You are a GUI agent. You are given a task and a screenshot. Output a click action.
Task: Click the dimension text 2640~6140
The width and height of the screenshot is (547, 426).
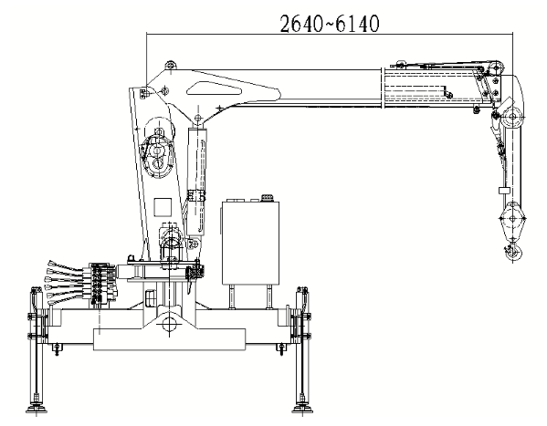tap(330, 24)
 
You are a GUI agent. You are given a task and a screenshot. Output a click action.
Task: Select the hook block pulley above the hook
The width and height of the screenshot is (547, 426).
tap(512, 219)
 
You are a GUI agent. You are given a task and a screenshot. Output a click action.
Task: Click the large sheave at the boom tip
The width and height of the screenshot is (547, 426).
tap(512, 117)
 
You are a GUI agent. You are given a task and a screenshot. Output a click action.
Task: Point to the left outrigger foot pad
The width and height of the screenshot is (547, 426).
tap(36, 409)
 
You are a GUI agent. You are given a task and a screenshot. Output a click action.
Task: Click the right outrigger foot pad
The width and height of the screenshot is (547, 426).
tap(302, 409)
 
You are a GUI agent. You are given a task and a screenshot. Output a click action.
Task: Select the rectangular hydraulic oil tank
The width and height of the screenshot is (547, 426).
tap(250, 243)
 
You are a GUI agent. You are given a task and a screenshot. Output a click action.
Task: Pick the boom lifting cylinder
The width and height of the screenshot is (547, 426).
tap(196, 182)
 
